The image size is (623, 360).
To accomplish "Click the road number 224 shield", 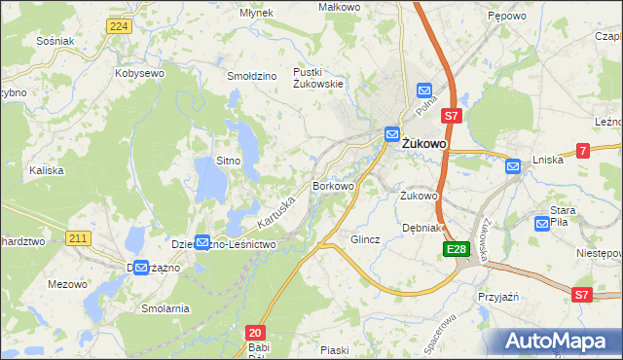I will [120, 25].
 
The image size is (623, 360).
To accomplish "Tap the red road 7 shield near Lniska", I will [582, 150].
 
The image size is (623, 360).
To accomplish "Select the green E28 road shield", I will [457, 251].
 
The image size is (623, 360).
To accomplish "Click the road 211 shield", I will [80, 237].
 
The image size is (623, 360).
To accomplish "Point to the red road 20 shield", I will [255, 333].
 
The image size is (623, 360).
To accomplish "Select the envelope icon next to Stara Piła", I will [542, 224].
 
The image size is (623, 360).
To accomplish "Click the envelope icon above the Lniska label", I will [513, 167].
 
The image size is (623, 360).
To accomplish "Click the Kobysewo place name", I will [138, 73].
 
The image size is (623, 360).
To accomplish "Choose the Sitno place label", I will [228, 160].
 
